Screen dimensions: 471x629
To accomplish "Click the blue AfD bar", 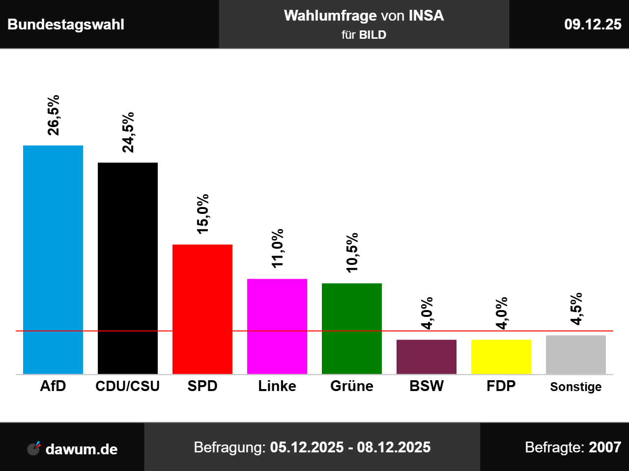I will [53, 260].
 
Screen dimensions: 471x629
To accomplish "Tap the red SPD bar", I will [202, 309].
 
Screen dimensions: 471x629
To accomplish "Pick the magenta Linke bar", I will [277, 326].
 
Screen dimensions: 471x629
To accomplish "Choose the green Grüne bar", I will [352, 328].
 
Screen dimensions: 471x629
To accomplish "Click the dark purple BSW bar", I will [427, 357].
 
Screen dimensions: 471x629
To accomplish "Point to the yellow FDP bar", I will [501, 357].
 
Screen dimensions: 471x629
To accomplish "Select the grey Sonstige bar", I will [576, 355].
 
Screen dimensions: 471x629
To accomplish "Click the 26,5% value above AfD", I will [53, 115].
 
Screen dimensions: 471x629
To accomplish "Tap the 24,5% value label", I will [128, 132].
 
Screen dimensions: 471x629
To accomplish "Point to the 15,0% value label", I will [202, 214].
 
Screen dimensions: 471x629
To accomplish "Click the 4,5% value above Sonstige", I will [576, 309].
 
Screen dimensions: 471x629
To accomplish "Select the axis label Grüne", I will [352, 386].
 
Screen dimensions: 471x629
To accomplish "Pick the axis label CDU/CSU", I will [128, 386].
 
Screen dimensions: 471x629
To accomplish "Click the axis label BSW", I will [427, 386].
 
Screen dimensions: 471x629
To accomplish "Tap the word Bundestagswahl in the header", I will [66, 25].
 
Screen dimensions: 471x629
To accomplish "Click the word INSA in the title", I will [426, 16].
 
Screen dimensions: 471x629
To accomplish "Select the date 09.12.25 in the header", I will [593, 25].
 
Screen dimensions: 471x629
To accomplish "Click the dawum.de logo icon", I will [34, 448].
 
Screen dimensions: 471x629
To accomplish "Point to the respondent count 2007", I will [605, 447].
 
